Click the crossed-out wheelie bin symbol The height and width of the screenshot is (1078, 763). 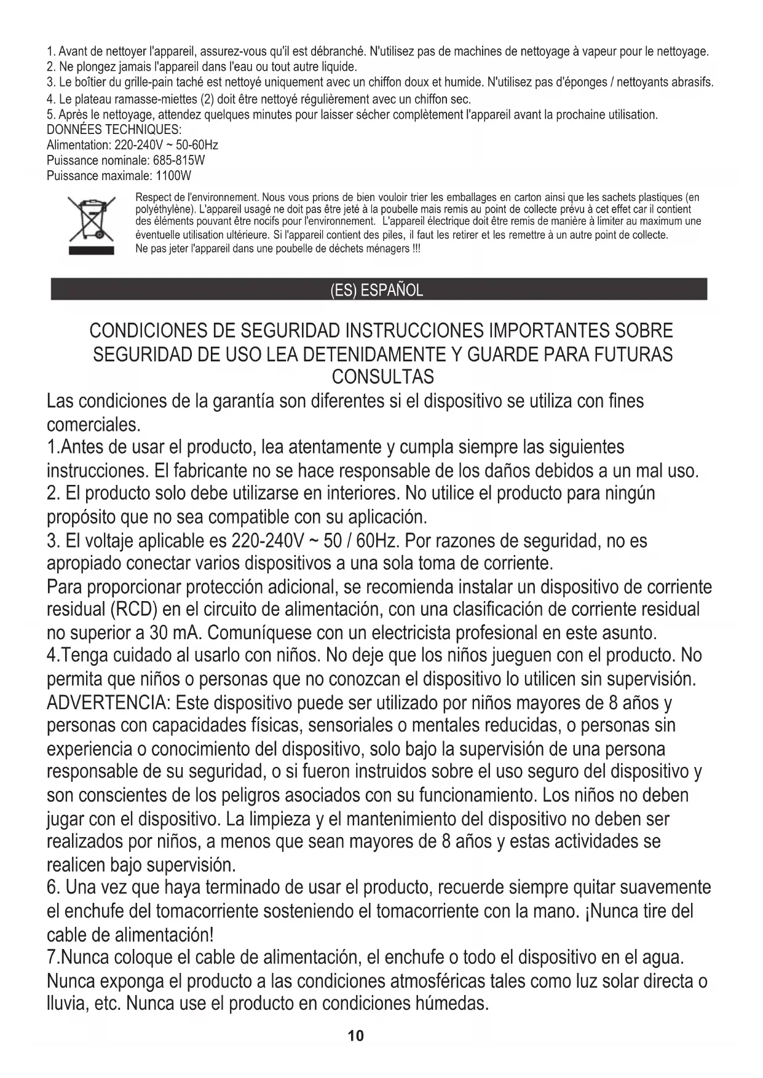(91, 219)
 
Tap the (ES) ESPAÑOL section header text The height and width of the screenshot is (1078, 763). (377, 290)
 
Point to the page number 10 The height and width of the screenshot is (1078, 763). (356, 1036)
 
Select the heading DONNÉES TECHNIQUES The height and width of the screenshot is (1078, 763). (114, 130)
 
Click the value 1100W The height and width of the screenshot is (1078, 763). (174, 176)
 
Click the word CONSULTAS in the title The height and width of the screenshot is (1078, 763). (382, 376)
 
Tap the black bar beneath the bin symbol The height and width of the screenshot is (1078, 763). (91, 250)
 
